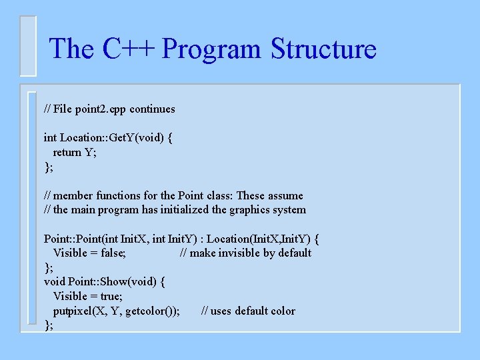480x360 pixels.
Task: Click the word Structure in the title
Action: pyautogui.click(x=323, y=49)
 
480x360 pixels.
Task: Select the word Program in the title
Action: pyautogui.click(x=211, y=49)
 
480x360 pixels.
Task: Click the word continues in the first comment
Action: pyautogui.click(x=152, y=109)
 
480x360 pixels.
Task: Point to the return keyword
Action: pyautogui.click(x=67, y=152)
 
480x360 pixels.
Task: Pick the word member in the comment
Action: pyautogui.click(x=73, y=195)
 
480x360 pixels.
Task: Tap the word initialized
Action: pyautogui.click(x=193, y=209)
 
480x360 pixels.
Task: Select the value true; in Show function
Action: pyautogui.click(x=109, y=296)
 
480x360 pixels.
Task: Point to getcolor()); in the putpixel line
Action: pyautogui.click(x=152, y=311)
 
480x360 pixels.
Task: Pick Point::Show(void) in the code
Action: pyautogui.click(x=111, y=281)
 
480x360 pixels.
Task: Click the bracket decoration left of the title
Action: pyautogui.click(x=28, y=46)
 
